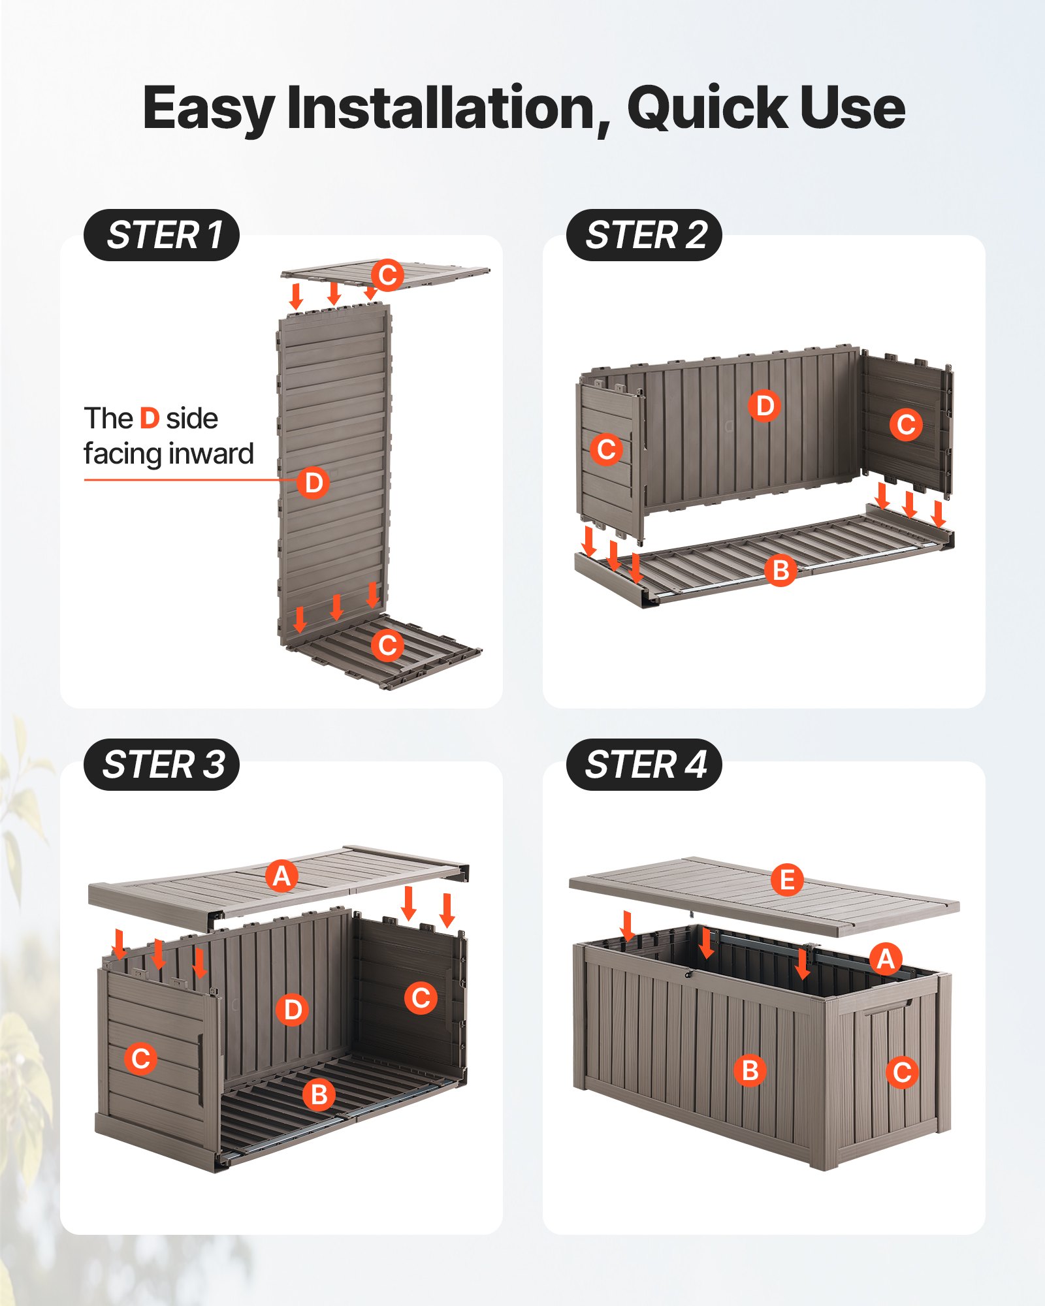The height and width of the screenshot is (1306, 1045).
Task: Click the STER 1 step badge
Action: [x=161, y=235]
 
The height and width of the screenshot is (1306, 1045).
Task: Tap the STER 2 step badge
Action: [x=644, y=235]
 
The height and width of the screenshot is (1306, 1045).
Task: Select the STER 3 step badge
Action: [x=161, y=765]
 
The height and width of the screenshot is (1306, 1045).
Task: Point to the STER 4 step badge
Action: [x=644, y=765]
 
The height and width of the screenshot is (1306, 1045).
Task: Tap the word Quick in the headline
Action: [x=707, y=108]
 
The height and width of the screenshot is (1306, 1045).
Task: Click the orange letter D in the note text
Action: [x=150, y=419]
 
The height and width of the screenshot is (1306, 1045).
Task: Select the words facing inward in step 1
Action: [x=169, y=454]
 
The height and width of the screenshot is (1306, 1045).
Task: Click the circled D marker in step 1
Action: [x=313, y=483]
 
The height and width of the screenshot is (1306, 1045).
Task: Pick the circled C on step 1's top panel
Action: [x=387, y=275]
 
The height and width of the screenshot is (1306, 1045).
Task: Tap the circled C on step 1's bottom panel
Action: [x=387, y=646]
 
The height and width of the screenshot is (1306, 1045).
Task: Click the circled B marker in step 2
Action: [x=780, y=571]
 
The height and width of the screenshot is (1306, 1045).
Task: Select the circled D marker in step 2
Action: [x=764, y=406]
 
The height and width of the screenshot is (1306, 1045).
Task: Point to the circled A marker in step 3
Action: [x=281, y=876]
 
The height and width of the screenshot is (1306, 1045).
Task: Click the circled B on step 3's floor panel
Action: [x=319, y=1094]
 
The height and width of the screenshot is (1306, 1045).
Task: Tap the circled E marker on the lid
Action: [x=787, y=880]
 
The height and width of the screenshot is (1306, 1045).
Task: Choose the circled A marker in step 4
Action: [x=886, y=959]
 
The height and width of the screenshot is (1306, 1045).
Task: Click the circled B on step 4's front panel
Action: [x=750, y=1071]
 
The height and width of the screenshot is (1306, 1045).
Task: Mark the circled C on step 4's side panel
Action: [x=902, y=1072]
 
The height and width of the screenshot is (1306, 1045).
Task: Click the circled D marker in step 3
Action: [x=292, y=1010]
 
